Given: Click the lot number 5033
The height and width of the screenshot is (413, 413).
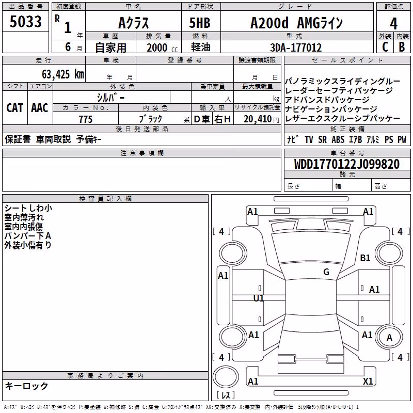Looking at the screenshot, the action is (25, 22).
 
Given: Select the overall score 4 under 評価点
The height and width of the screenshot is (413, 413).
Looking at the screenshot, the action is (393, 24).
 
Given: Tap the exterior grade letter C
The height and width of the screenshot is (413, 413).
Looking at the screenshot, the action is (385, 47).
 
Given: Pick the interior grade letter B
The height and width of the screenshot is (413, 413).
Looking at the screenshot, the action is (402, 47).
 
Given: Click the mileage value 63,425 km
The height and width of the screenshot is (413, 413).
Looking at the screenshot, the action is (63, 74).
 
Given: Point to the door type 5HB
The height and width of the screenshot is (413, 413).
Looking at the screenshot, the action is (200, 23).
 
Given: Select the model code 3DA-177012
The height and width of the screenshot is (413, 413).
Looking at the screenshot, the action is (296, 47).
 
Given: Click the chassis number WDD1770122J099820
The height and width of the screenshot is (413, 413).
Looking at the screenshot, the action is (347, 164).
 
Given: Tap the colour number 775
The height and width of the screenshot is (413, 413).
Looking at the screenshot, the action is (86, 119).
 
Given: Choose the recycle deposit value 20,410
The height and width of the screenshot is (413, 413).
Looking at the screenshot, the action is (258, 119).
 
